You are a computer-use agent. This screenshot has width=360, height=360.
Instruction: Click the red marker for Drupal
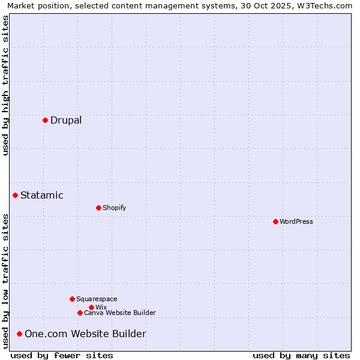click(45, 120)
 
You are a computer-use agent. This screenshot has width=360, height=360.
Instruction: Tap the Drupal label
click(66, 120)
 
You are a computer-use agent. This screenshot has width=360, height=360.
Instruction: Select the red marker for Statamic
click(15, 195)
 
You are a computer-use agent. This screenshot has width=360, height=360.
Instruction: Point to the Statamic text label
click(42, 195)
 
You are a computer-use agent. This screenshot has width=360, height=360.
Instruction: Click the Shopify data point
click(98, 208)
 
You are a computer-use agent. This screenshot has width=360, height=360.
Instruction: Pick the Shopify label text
click(114, 208)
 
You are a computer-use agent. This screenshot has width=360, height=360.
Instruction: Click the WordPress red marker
click(275, 221)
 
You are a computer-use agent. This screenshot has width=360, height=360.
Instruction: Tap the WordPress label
click(296, 221)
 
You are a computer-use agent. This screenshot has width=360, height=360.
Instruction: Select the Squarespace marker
click(72, 299)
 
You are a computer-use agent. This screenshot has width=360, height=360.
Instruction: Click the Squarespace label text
click(97, 299)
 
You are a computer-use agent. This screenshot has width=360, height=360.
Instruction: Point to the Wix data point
click(91, 307)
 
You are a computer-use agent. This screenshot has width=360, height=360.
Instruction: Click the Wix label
click(101, 307)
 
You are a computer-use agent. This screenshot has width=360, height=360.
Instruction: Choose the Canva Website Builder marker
click(80, 313)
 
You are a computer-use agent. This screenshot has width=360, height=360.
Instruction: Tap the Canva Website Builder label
click(120, 313)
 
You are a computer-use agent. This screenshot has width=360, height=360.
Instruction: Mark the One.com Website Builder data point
click(19, 334)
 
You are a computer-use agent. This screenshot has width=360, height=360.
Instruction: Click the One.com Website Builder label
click(85, 334)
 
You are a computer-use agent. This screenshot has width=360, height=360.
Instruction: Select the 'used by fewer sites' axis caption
click(62, 355)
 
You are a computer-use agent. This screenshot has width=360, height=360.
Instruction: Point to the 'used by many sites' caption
click(301, 355)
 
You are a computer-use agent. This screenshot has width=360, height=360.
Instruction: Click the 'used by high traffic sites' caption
click(5, 85)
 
